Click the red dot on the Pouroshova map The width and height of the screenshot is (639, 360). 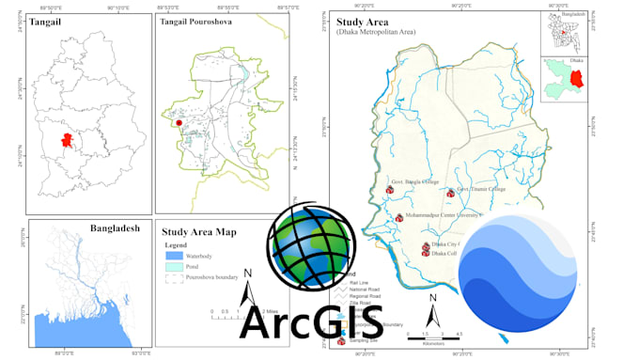[178, 122]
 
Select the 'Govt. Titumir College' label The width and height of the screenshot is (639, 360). [481, 188]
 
